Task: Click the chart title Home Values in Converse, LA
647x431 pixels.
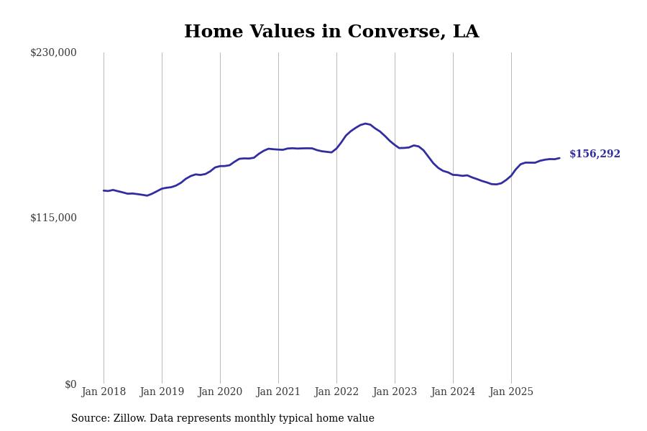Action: pos(331,32)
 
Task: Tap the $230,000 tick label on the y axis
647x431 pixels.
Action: pos(53,52)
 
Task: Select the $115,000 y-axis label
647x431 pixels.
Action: pos(53,218)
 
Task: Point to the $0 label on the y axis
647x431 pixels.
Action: pos(70,384)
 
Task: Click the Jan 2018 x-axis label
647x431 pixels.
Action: pos(104,392)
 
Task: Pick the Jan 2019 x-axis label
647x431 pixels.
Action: pos(162,392)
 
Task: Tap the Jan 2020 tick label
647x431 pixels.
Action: pos(220,392)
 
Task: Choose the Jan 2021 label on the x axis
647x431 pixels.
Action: pos(278,392)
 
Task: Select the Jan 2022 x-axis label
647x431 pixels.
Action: pos(336,392)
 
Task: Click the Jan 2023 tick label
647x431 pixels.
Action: pos(395,392)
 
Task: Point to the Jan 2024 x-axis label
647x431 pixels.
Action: pos(453,392)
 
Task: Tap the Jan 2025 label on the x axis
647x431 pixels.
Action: pos(511,392)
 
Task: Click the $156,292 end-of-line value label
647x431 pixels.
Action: pos(595,154)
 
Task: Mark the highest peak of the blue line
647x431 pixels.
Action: pos(365,124)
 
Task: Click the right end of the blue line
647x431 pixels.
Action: pos(559,158)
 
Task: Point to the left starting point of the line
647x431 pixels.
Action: pos(104,190)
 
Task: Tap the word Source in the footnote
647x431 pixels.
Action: pos(89,419)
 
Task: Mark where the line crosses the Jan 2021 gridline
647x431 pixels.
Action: pos(278,149)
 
